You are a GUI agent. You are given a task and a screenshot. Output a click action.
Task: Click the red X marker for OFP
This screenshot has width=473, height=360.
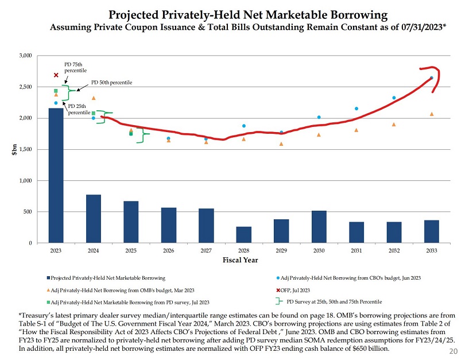point(56,75)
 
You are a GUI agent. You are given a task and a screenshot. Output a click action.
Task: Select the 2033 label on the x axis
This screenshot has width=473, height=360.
point(431,250)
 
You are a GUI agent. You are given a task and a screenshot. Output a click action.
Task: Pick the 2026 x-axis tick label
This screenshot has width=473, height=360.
point(168,250)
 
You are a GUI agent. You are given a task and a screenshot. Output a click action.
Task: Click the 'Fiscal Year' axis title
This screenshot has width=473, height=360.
point(243,260)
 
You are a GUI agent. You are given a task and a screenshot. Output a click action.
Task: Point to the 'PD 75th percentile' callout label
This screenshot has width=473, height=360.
point(75,67)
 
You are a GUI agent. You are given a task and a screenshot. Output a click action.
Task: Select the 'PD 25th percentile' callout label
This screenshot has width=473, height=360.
point(78,109)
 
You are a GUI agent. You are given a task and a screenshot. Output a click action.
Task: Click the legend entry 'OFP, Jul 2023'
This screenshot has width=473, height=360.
point(298,290)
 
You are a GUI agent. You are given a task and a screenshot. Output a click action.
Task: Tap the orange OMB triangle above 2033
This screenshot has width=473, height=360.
point(431,114)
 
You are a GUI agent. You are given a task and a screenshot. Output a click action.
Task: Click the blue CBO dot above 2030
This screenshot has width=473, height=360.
point(319,117)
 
